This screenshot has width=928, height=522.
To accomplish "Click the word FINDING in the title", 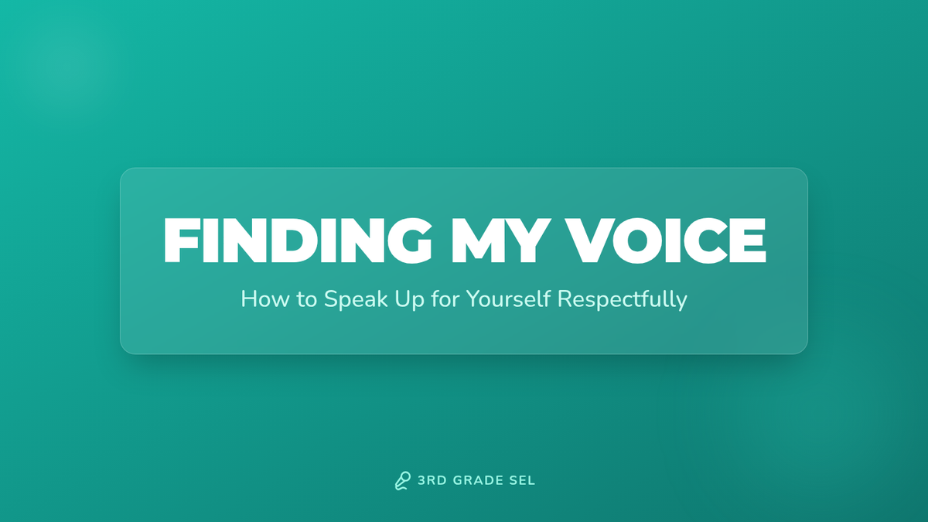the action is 299,241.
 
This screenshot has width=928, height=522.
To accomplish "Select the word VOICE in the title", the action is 666,241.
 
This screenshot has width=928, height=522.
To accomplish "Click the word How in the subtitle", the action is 265,299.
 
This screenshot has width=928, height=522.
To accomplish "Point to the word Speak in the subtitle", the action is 356,299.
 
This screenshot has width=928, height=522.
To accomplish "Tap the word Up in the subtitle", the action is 409,300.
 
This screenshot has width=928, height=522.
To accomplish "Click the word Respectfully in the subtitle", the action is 623,299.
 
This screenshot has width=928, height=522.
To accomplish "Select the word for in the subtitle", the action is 445,299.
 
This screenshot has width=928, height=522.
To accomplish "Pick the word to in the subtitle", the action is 306,299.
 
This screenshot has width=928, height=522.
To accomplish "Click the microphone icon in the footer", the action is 403,480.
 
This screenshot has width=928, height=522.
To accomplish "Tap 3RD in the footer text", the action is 432,480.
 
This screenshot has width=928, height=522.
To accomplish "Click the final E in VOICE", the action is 747,241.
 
